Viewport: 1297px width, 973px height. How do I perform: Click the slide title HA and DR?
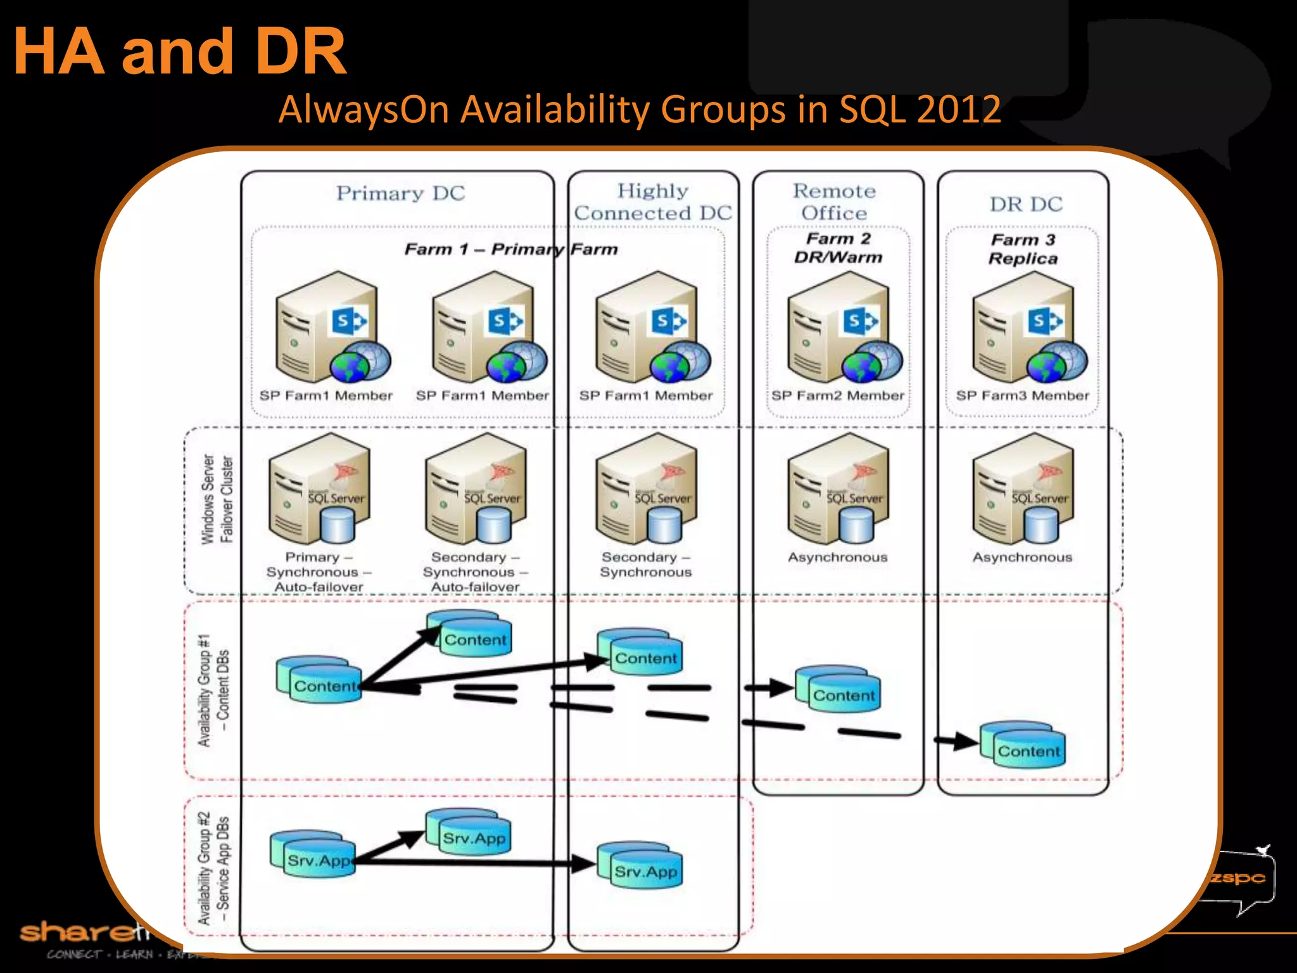click(x=180, y=52)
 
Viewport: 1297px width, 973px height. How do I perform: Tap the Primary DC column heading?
click(x=400, y=193)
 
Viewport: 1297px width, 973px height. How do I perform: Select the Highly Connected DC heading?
click(x=653, y=202)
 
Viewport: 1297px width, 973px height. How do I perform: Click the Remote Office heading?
click(x=834, y=202)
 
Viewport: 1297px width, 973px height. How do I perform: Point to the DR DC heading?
click(x=1026, y=204)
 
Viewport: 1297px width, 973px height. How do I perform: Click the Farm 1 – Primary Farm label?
click(x=510, y=249)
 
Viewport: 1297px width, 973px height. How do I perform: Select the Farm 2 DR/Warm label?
click(x=838, y=248)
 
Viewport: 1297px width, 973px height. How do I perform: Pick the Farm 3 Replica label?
click(x=1023, y=249)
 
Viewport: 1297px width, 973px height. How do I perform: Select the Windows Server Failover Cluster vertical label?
click(x=217, y=499)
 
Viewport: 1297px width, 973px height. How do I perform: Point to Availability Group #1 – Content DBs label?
click(x=213, y=690)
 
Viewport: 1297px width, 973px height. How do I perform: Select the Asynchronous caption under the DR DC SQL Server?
click(x=1022, y=557)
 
